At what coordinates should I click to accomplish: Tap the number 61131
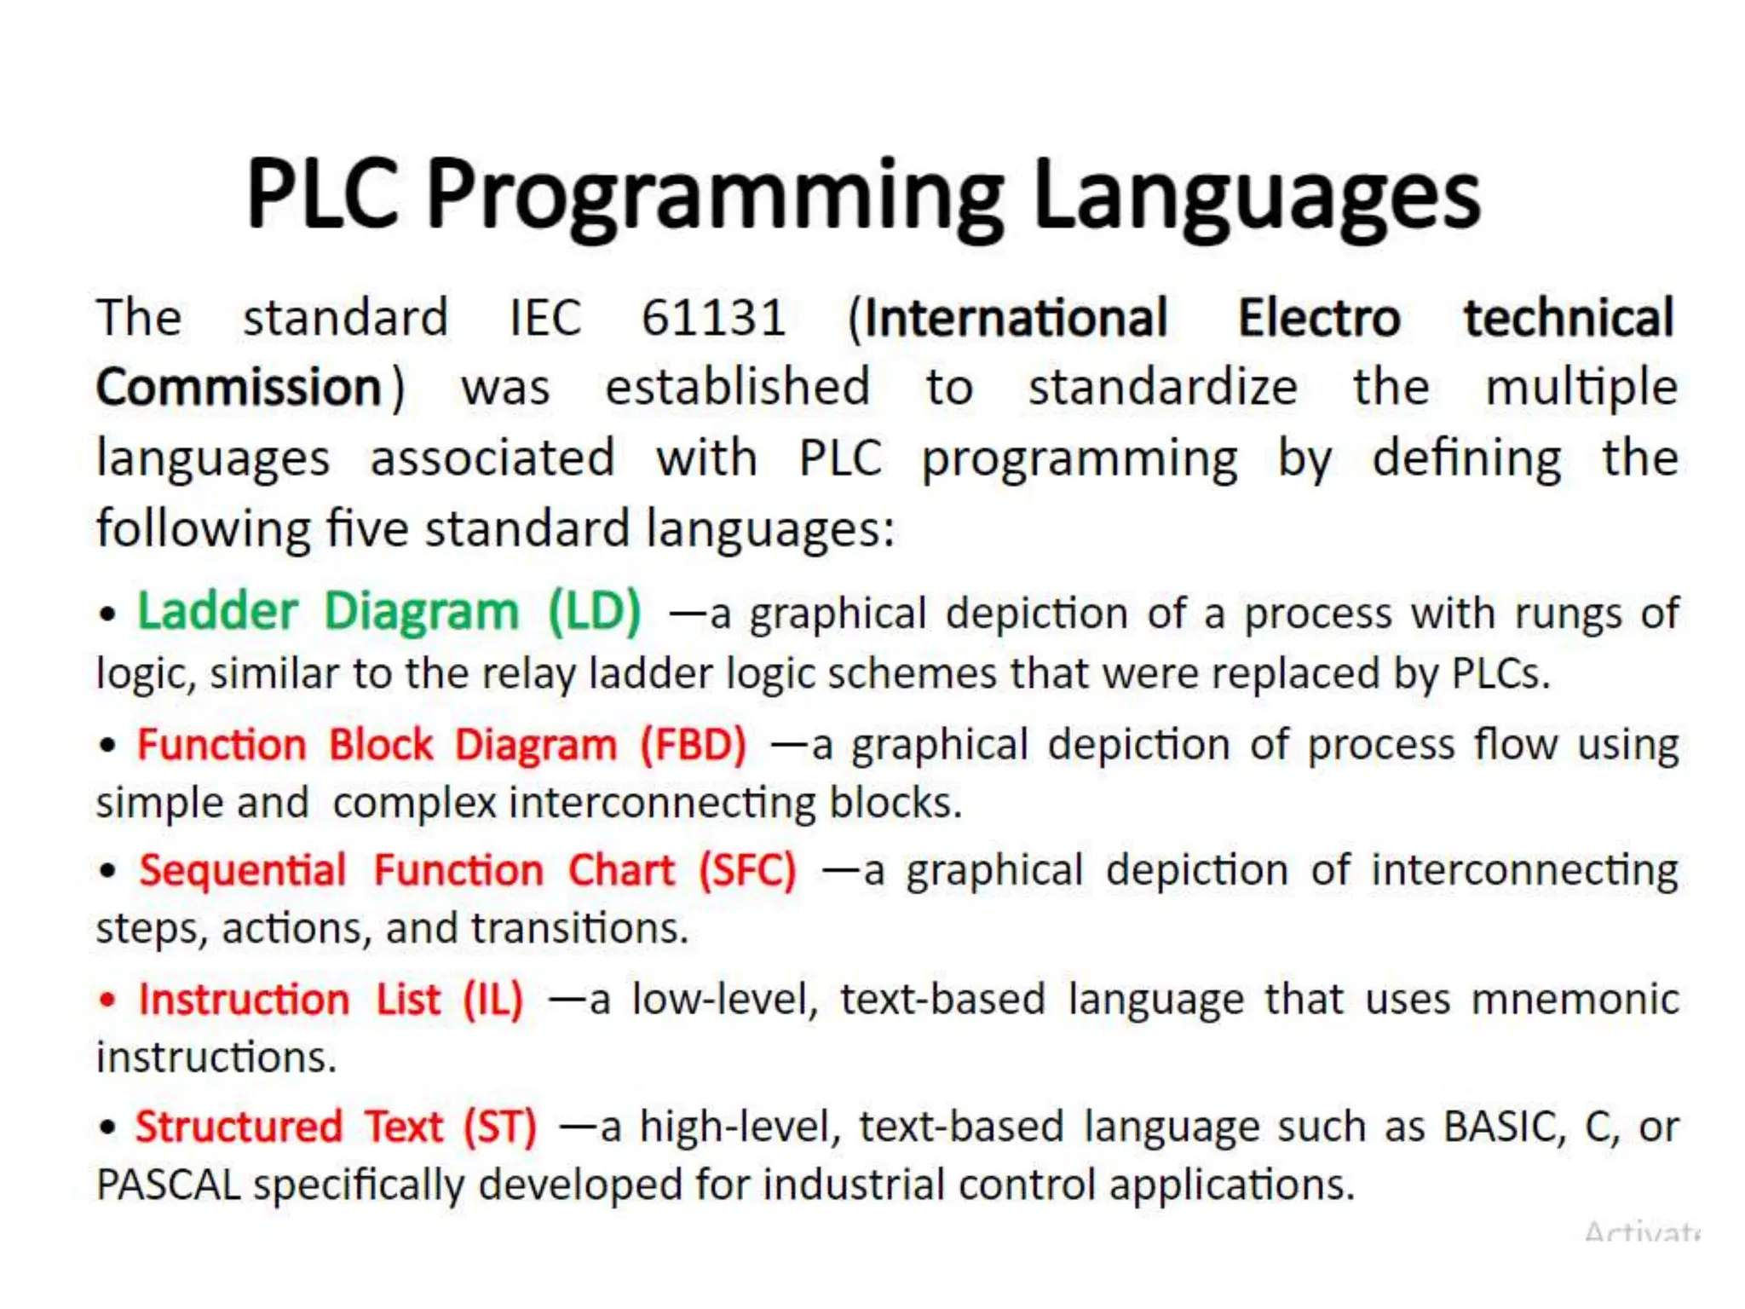click(x=713, y=318)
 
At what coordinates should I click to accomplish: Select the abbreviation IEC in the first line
click(x=545, y=318)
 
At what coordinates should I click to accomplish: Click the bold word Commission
click(x=239, y=388)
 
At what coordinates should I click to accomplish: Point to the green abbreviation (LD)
click(x=595, y=612)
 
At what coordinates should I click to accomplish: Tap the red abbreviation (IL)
click(x=493, y=1000)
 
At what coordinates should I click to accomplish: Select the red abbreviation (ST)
click(x=500, y=1127)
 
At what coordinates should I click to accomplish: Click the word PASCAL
click(x=169, y=1185)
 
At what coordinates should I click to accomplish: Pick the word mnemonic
click(x=1575, y=999)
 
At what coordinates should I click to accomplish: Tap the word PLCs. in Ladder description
click(x=1500, y=674)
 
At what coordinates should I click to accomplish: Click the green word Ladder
click(x=218, y=612)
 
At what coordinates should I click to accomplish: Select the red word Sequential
click(x=243, y=871)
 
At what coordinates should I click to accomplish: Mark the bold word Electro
click(x=1319, y=318)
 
